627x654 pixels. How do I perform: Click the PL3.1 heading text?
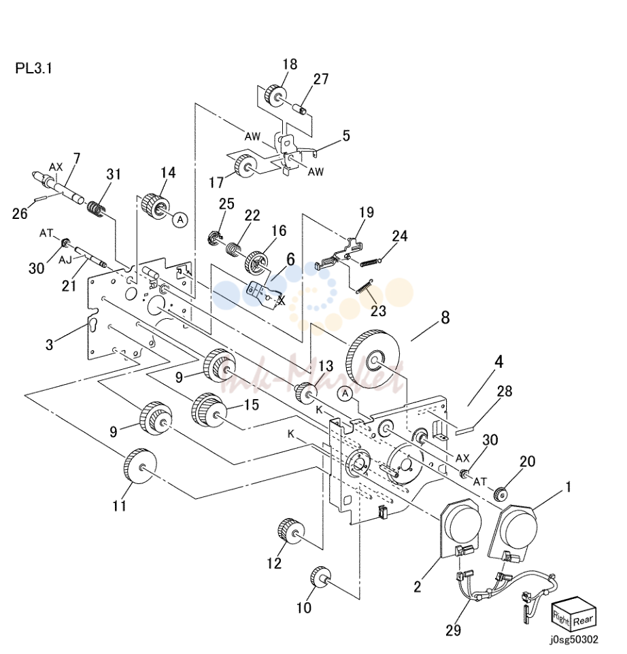tap(34, 68)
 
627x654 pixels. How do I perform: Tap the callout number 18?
tap(290, 64)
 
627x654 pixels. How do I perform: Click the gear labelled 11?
tap(140, 466)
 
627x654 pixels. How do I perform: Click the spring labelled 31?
tap(97, 208)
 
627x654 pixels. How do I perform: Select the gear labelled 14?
tap(156, 206)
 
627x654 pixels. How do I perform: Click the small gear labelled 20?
tap(500, 493)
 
